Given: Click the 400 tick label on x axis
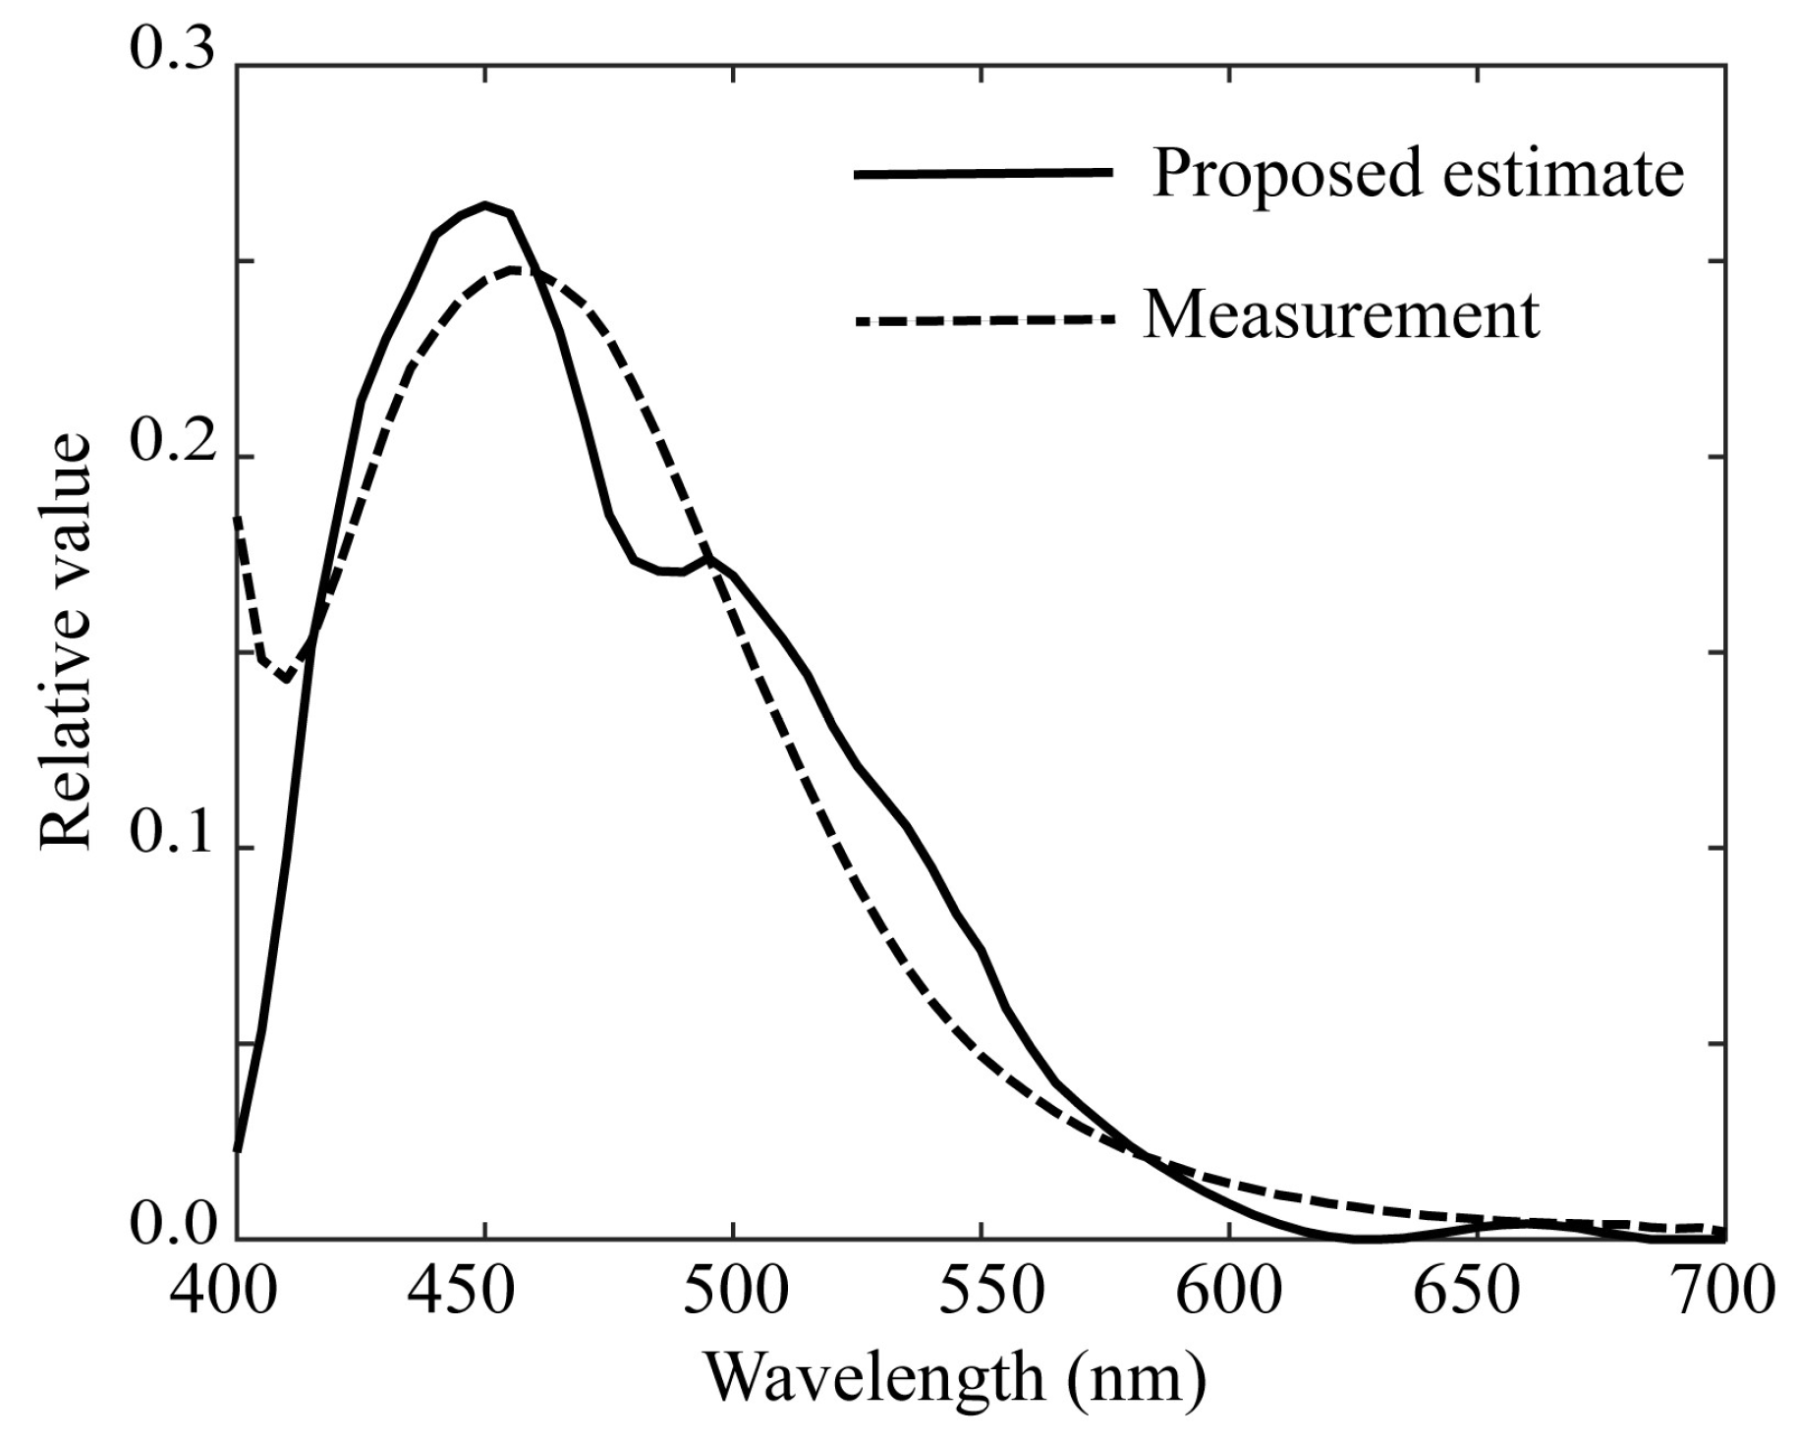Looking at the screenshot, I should [223, 1293].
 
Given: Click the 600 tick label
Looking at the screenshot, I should [1230, 1293].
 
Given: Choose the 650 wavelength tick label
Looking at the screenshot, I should [1479, 1293].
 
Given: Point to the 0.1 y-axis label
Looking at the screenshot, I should [171, 835].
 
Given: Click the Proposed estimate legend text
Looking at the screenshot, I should [1418, 173].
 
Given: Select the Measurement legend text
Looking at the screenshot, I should [1342, 316].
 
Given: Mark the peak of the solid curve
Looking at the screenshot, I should [484, 205].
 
